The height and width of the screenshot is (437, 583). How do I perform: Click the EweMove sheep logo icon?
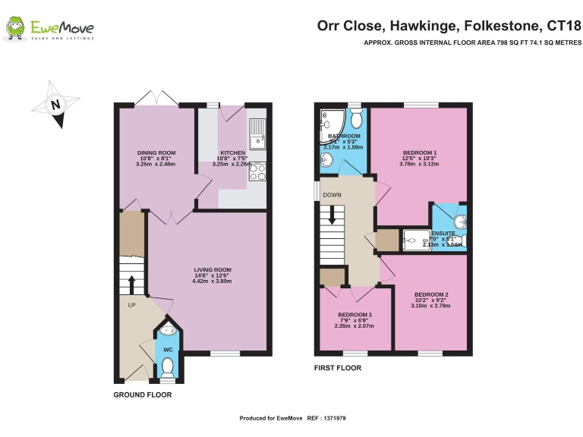[15, 29]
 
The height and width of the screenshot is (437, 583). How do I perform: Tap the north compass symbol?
[55, 104]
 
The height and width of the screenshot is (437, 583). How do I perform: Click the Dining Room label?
[156, 152]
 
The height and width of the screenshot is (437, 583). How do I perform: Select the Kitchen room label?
[232, 152]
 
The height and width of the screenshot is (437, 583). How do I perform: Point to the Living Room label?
[213, 269]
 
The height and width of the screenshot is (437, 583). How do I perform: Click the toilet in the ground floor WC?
[168, 367]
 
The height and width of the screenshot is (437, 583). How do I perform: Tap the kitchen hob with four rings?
[257, 173]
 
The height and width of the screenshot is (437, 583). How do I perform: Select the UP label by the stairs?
[131, 306]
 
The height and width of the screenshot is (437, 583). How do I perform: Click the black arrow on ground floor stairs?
[131, 284]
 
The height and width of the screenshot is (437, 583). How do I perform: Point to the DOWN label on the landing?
[332, 194]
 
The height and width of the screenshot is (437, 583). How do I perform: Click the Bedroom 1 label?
[419, 153]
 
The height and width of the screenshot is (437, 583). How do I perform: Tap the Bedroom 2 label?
[430, 294]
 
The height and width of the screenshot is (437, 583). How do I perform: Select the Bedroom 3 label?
[355, 315]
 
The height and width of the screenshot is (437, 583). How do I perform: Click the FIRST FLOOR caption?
[338, 368]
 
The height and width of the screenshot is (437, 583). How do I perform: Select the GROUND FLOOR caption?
[143, 395]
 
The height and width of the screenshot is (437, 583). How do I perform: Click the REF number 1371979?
[335, 418]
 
